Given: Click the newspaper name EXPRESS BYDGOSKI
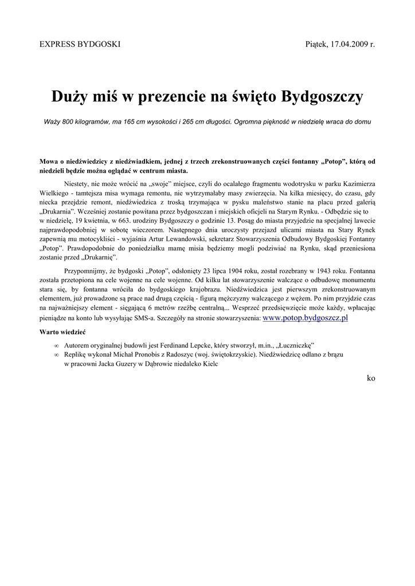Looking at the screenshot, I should click(79, 44).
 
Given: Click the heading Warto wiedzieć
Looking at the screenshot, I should click(63, 332).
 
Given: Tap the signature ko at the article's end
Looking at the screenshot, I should click(371, 378).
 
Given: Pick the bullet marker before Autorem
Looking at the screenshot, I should click(56, 346).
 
